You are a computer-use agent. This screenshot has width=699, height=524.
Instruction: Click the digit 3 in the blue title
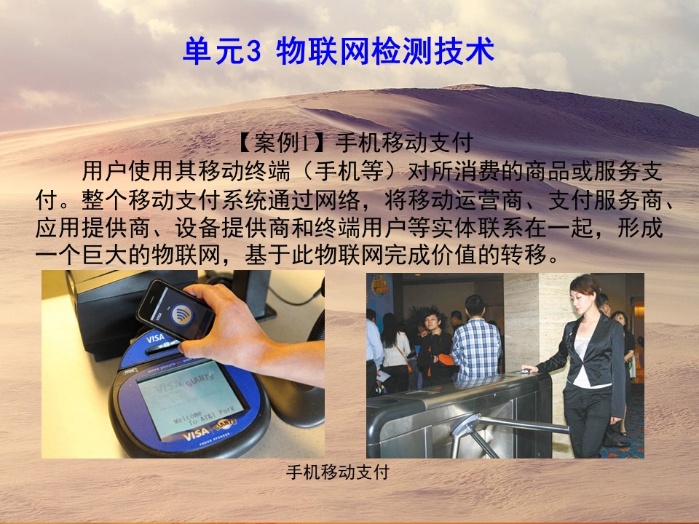click(x=253, y=52)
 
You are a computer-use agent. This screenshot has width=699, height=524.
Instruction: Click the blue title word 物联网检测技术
click(x=385, y=52)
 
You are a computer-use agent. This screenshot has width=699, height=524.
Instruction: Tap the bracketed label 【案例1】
click(x=284, y=143)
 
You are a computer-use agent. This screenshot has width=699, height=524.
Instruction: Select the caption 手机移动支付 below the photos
click(x=337, y=472)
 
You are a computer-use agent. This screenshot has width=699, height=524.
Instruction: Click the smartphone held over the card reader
click(x=175, y=309)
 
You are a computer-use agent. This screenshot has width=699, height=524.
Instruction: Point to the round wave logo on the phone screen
click(x=181, y=314)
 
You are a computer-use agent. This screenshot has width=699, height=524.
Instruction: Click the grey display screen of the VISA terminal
click(x=191, y=400)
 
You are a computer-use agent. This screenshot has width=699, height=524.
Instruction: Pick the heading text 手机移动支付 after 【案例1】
click(x=404, y=143)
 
